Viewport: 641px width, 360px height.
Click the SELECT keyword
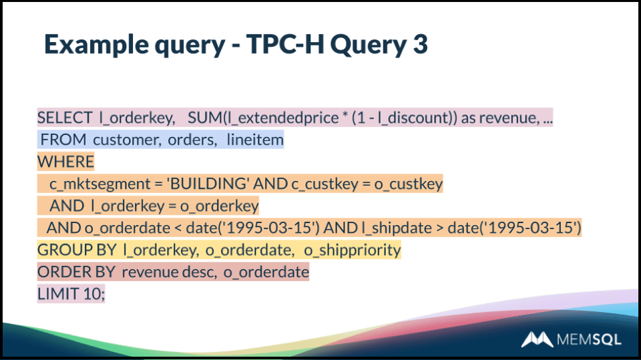pos(65,118)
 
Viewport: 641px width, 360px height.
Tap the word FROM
pos(63,140)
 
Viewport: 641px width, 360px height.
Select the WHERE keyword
pos(65,162)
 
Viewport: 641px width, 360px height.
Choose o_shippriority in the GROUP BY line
pos(352,250)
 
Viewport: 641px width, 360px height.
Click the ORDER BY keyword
pos(76,272)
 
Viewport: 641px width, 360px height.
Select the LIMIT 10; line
pos(71,294)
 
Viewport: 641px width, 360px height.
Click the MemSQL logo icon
pos(536,339)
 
